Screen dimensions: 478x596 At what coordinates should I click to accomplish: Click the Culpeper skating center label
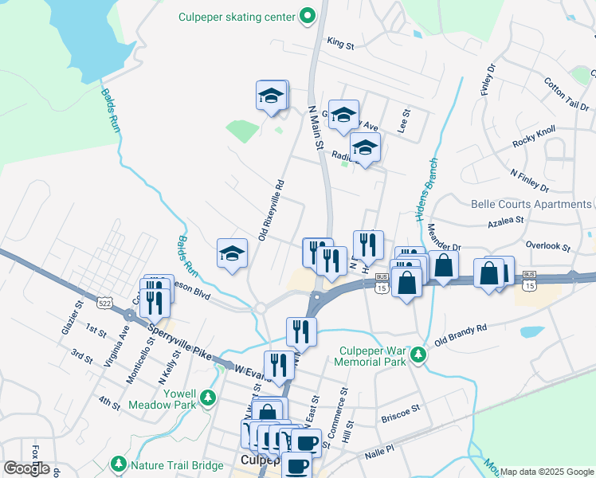click(237, 15)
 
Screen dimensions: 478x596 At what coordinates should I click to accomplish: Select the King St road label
click(340, 45)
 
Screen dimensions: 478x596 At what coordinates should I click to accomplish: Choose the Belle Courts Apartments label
click(531, 204)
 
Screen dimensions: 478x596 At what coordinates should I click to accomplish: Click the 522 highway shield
click(105, 302)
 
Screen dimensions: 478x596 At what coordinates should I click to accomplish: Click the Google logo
click(26, 468)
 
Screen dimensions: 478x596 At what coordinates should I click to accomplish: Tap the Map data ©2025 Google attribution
click(546, 472)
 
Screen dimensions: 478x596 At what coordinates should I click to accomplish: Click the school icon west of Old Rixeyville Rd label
click(232, 253)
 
